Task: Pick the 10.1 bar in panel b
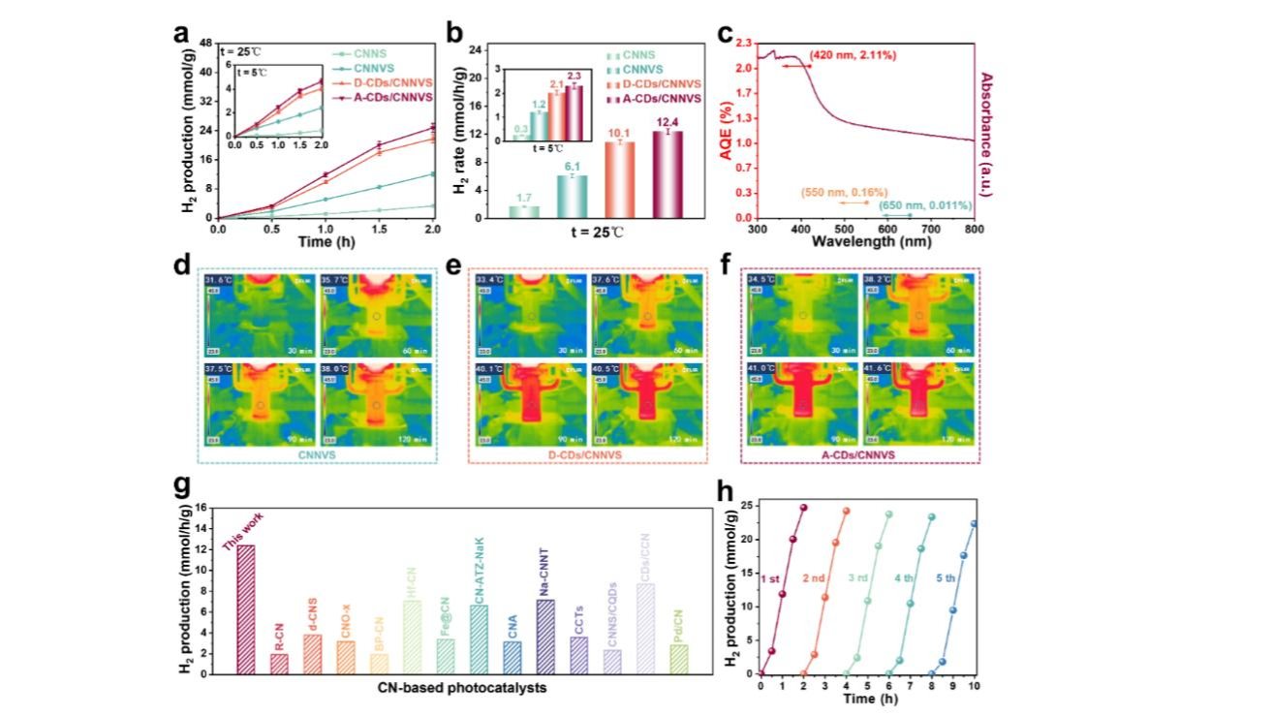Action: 619,179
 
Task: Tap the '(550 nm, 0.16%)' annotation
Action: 844,192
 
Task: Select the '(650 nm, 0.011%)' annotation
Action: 925,205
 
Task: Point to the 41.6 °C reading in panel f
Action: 876,368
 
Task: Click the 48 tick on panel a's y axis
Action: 206,43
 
